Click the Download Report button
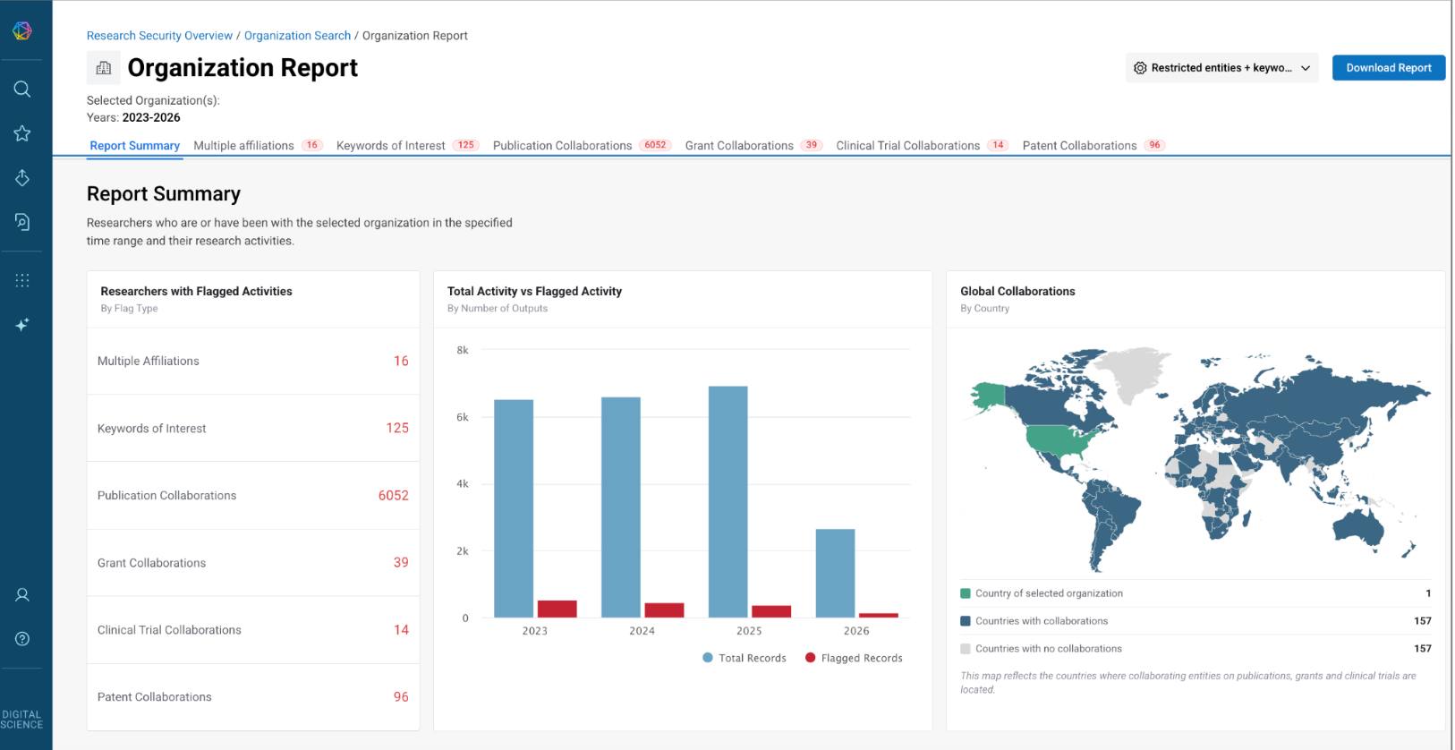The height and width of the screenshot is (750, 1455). [x=1388, y=68]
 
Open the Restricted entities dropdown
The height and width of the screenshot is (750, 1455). [x=1221, y=68]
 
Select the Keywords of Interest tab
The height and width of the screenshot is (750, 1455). [x=407, y=146]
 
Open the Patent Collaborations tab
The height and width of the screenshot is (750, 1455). [x=1093, y=146]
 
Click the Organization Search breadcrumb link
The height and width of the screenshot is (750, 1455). [x=297, y=36]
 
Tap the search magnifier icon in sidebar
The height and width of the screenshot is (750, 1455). [x=22, y=89]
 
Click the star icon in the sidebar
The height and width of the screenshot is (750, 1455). [x=22, y=133]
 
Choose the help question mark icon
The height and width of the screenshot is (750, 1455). [x=22, y=639]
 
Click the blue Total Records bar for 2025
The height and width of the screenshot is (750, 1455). [x=728, y=502]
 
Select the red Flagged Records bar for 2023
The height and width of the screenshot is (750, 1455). [x=557, y=609]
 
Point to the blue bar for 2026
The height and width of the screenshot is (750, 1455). [x=835, y=573]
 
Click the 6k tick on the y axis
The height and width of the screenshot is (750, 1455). [x=463, y=417]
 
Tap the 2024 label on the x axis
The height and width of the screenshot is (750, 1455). [x=642, y=630]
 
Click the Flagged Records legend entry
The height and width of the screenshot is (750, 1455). [x=854, y=658]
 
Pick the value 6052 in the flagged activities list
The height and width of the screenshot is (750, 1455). [x=394, y=495]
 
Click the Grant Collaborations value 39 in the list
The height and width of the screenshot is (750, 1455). [x=401, y=562]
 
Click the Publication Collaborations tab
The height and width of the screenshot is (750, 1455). [x=582, y=146]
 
